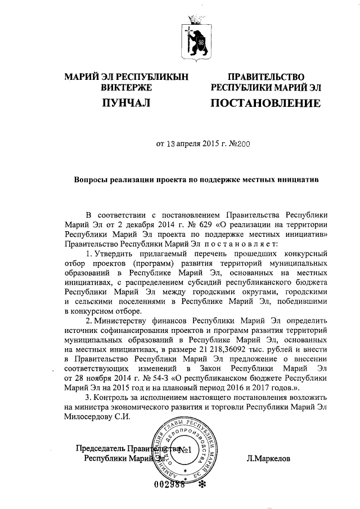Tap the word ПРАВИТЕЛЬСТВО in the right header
[265, 77]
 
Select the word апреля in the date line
[188, 143]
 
